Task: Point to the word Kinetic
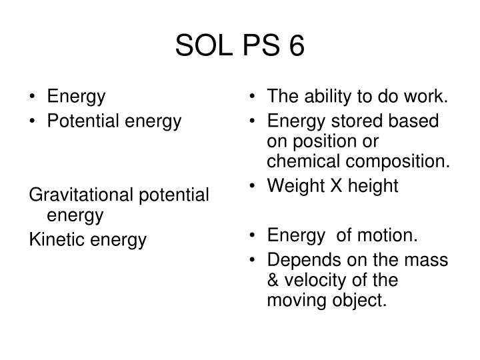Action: pyautogui.click(x=55, y=240)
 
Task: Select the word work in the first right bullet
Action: pyautogui.click(x=430, y=97)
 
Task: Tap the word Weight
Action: pyautogui.click(x=290, y=187)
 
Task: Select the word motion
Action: pyautogui.click(x=391, y=234)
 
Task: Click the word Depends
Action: pyautogui.click(x=298, y=257)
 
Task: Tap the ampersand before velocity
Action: pyautogui.click(x=271, y=279)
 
